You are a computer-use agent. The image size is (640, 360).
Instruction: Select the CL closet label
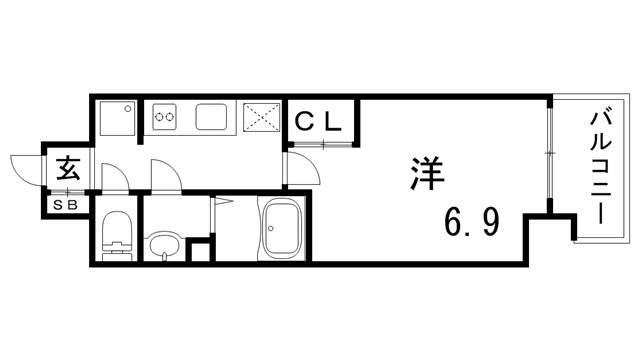click(x=319, y=122)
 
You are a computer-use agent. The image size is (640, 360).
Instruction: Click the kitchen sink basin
click(x=213, y=118)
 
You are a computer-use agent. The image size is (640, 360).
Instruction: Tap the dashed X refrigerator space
click(x=263, y=119)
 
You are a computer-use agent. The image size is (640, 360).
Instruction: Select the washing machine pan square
click(x=118, y=118)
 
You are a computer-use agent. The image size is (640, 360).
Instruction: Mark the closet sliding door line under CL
click(x=322, y=146)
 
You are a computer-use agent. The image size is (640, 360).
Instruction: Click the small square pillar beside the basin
click(x=201, y=250)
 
